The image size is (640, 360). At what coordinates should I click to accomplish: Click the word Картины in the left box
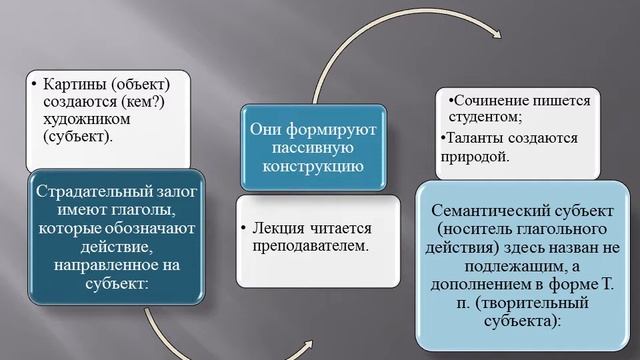click(72, 83)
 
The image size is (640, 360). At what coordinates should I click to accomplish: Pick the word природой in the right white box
click(474, 157)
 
